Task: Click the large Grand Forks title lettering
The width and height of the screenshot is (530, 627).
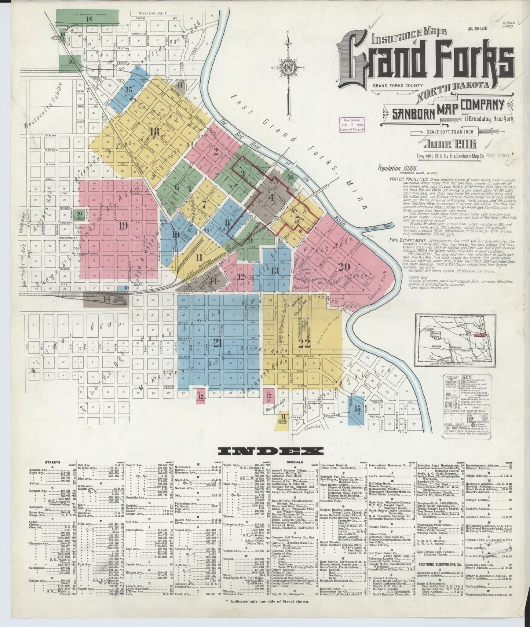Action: (x=425, y=60)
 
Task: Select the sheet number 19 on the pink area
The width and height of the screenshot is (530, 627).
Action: (x=123, y=225)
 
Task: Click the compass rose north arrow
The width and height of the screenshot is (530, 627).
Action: (x=289, y=68)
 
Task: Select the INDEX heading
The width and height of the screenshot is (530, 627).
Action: (x=270, y=451)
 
